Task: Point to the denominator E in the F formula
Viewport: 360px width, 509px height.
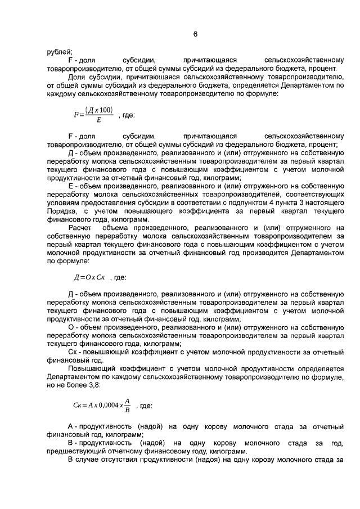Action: pyautogui.click(x=99, y=119)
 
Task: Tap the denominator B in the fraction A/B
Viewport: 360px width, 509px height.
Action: pyautogui.click(x=128, y=410)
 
